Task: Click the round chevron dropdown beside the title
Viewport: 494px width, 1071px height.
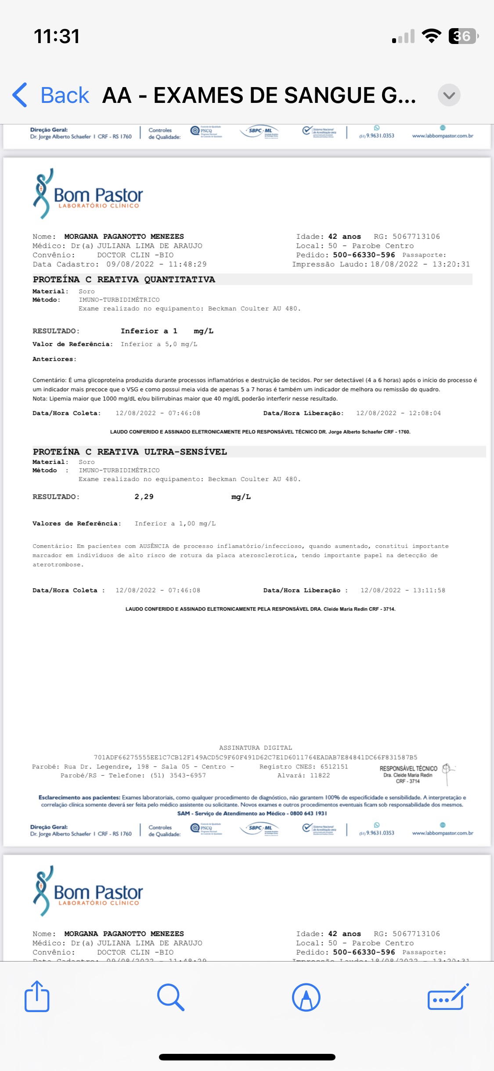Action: tap(449, 95)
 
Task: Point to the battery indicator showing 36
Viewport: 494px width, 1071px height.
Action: tap(463, 36)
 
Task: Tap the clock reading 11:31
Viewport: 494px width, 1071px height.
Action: tap(57, 36)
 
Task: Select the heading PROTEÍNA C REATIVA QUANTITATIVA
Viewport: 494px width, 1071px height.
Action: tap(124, 280)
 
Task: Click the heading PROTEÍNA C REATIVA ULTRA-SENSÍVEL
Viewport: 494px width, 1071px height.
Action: tap(130, 452)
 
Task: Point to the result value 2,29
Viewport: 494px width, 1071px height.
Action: tap(144, 497)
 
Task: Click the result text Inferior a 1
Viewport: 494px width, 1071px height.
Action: tap(149, 331)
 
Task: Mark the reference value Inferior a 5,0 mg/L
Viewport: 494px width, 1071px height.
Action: tap(159, 344)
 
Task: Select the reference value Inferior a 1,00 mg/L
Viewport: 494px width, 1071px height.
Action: tap(175, 524)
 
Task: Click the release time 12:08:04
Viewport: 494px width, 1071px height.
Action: tap(425, 413)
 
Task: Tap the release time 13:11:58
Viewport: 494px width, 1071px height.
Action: tap(429, 590)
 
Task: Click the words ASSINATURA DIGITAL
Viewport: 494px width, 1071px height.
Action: tap(256, 748)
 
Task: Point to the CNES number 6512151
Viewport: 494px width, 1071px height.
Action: tap(334, 767)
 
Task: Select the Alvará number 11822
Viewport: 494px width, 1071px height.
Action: tap(320, 776)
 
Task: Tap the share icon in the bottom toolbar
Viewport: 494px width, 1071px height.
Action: tap(37, 997)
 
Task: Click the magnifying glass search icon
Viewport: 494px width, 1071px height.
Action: tap(170, 997)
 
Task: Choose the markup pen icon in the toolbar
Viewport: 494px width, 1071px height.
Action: tap(306, 997)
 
